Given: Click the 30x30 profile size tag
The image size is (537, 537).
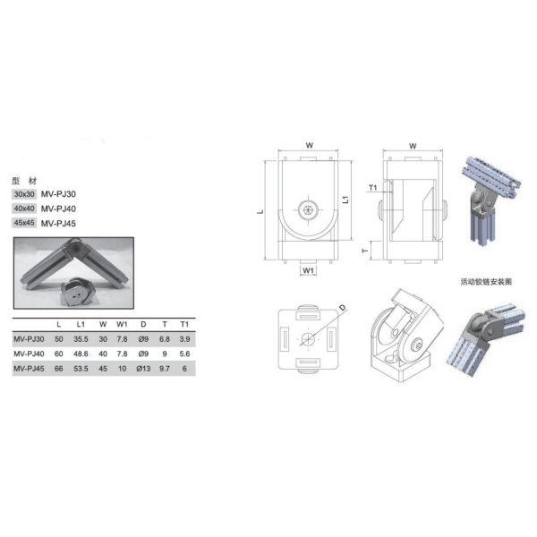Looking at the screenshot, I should (x=24, y=193).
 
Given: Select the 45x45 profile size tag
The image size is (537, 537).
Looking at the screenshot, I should (x=24, y=223).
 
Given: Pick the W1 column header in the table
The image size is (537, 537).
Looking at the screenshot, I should (x=122, y=324).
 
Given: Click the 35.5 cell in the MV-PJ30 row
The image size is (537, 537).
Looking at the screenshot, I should (x=81, y=339).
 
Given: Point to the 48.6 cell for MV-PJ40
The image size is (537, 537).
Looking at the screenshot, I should (x=81, y=354).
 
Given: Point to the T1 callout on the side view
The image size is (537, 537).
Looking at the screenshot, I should (x=373, y=187).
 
